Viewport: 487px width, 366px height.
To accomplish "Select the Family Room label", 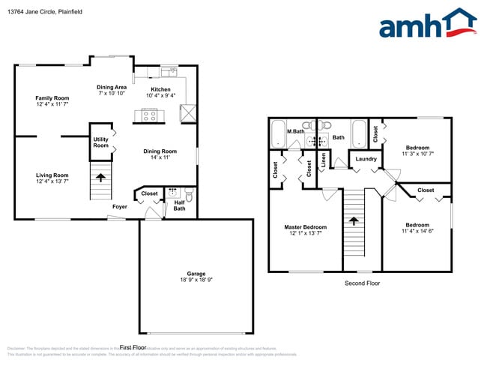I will tap(52, 98).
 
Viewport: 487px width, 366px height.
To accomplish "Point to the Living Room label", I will tap(52, 175).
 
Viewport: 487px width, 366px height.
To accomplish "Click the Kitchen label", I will tap(160, 89).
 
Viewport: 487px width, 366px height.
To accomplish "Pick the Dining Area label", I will tap(112, 87).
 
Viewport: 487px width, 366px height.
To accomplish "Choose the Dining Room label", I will tap(160, 151).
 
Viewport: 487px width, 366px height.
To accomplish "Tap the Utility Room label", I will tap(100, 142).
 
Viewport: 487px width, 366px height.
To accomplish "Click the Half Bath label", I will tap(179, 205).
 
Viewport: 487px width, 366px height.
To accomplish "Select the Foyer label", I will tap(120, 206).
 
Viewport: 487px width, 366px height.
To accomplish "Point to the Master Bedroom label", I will tap(305, 226).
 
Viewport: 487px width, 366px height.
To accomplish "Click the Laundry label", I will tap(366, 159).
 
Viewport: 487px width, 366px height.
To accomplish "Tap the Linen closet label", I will tap(323, 159).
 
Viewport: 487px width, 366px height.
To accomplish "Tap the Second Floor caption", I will tap(363, 283).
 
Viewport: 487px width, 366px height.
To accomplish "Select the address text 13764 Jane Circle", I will tap(33, 10).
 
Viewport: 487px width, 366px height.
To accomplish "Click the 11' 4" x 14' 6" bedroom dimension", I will tap(417, 232).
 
